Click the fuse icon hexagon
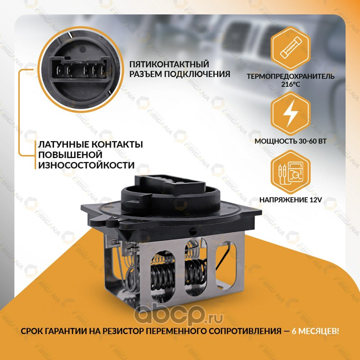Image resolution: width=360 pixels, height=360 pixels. click(290, 49)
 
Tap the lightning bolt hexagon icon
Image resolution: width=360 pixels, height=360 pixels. click(290, 114)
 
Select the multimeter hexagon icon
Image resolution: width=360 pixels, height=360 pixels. click(290, 172)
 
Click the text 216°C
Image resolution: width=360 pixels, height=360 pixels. click(290, 84)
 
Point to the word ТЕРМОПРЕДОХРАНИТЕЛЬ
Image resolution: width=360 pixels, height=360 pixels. click(290, 76)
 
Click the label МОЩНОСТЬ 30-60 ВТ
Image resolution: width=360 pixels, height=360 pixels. click(290, 141)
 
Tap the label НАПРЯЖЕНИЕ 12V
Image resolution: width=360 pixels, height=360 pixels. click(290, 200)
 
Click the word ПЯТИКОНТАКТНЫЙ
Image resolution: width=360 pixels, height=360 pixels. click(169, 64)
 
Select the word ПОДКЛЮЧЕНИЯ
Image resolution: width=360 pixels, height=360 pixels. click(197, 74)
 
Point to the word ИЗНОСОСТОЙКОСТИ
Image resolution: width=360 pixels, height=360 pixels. click(86, 165)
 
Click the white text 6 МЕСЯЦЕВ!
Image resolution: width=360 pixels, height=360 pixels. click(315, 331)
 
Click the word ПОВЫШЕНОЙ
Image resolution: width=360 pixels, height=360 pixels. click(70, 155)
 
